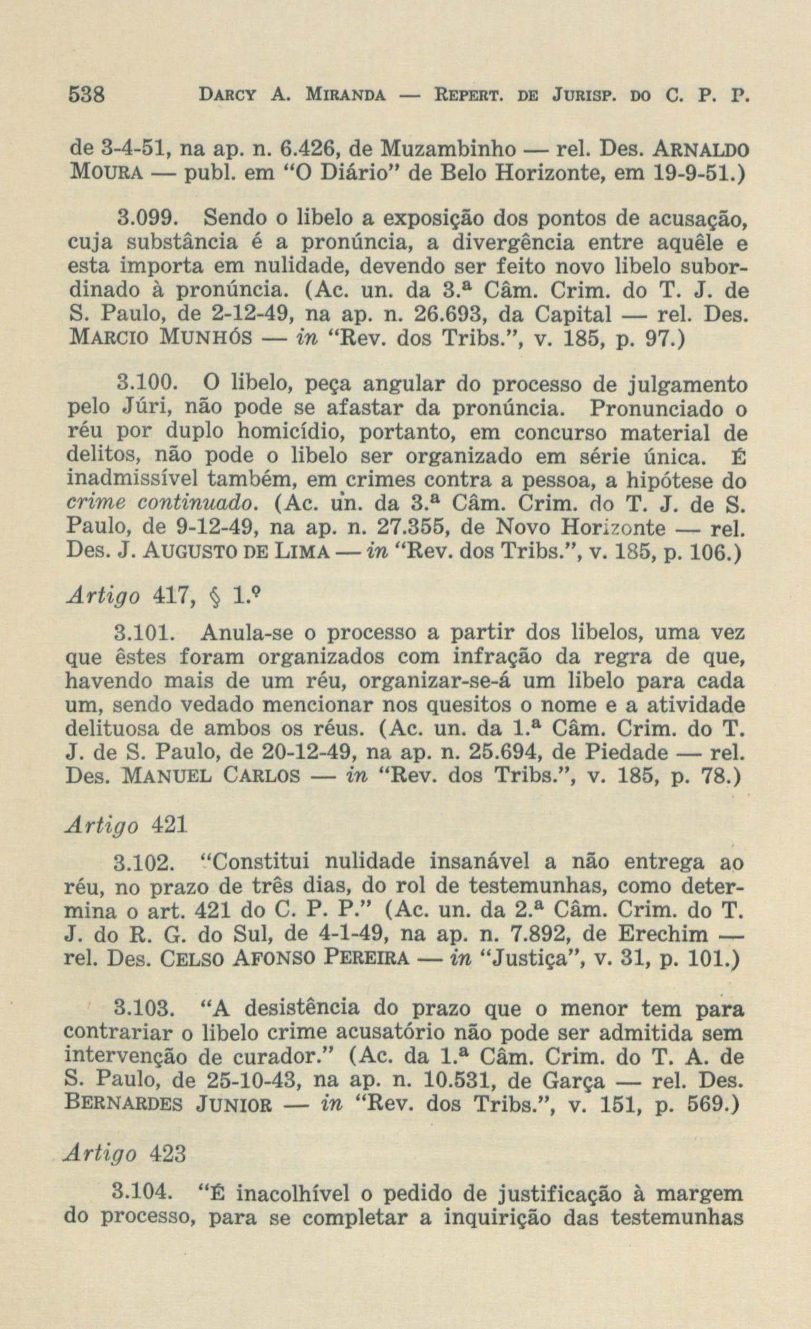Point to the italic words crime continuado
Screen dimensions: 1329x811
point(159,505)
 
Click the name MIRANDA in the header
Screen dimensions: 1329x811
point(345,98)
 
